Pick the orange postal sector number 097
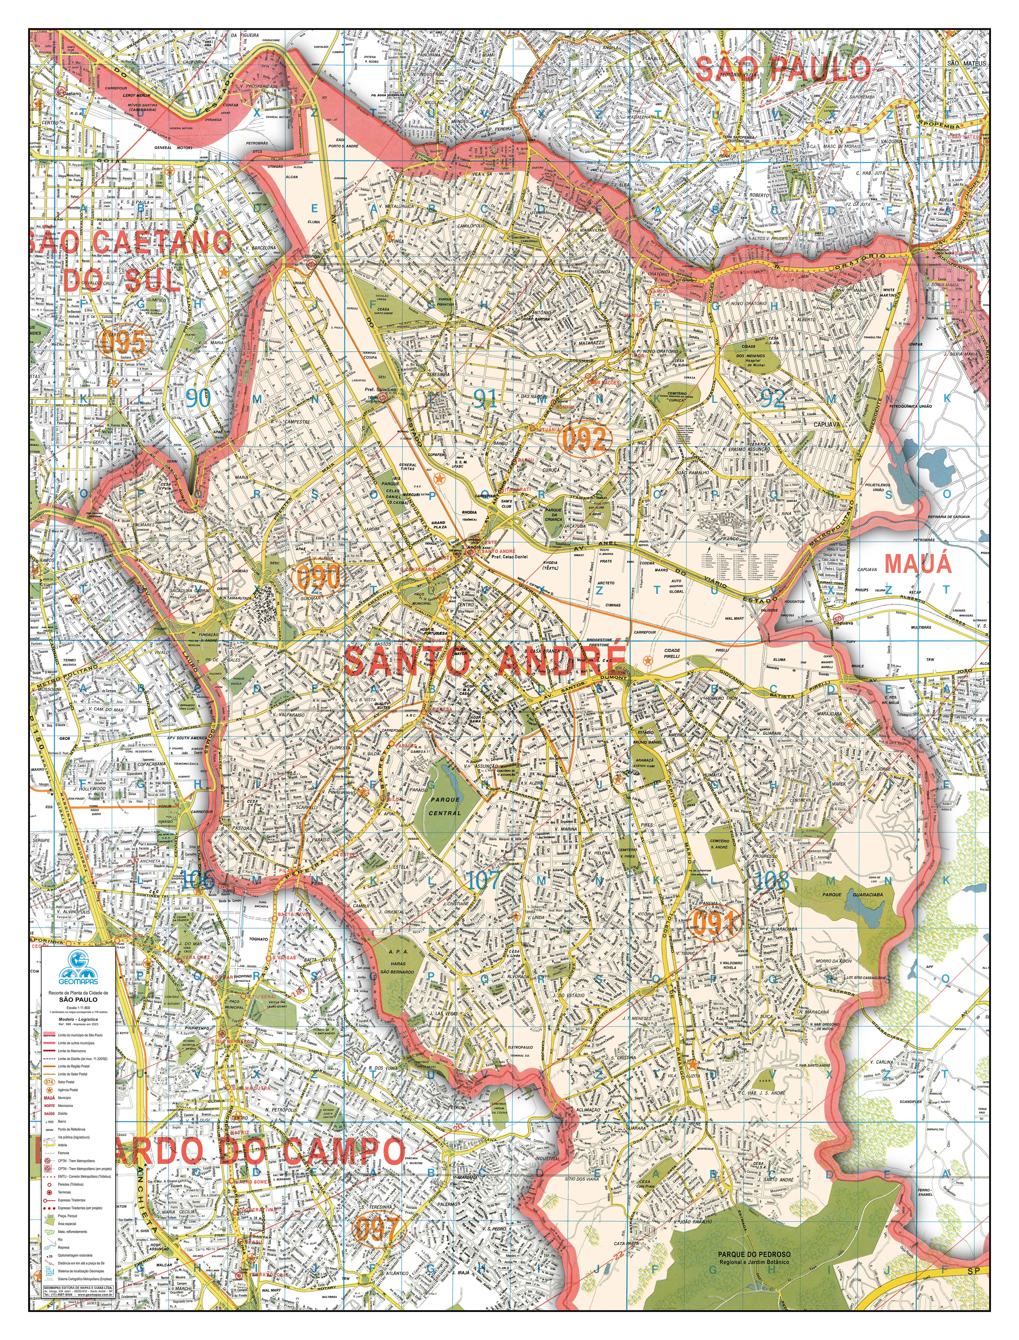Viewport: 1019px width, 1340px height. click(x=377, y=1212)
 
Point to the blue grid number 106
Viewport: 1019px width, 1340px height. click(x=197, y=880)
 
